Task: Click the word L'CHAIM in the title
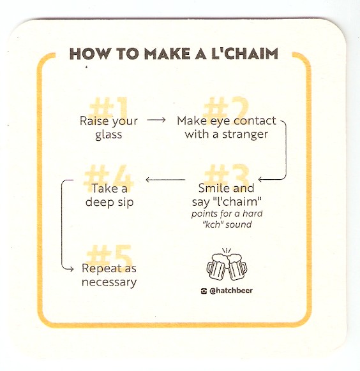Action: click(x=244, y=54)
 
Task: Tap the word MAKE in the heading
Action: click(x=167, y=54)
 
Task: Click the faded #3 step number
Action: click(x=227, y=175)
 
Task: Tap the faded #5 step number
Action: click(x=109, y=255)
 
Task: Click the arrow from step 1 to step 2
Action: click(x=156, y=120)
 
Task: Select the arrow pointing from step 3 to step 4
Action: click(x=165, y=180)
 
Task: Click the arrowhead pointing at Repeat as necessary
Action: click(x=71, y=269)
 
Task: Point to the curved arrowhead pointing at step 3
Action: click(x=261, y=180)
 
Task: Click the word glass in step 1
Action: click(x=109, y=135)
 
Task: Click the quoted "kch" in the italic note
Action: click(x=213, y=224)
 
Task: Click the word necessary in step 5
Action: click(x=109, y=282)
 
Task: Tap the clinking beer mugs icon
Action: click(x=227, y=265)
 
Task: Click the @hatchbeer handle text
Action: click(x=231, y=291)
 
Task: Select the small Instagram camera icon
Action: click(x=204, y=291)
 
